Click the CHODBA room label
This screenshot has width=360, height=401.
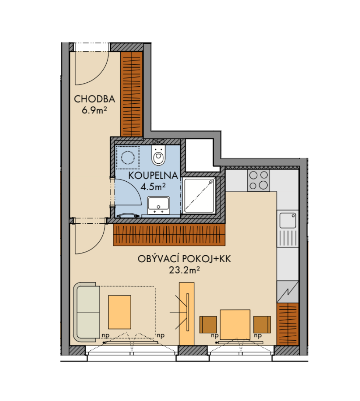coord(94,99)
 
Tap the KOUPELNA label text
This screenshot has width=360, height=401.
coord(153,176)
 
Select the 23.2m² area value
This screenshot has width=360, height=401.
coord(184,270)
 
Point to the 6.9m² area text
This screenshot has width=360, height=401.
coord(94,110)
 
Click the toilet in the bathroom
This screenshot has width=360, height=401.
coord(158,155)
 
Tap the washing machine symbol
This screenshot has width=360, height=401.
coord(128,157)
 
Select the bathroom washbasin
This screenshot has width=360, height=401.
coord(158,205)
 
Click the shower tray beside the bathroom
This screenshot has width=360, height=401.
coord(200,195)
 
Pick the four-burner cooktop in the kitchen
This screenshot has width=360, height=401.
coord(258,180)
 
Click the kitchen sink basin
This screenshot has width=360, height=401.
coord(288,220)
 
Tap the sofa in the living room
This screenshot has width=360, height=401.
coord(86,312)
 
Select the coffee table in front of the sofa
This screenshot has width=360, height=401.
coord(120,312)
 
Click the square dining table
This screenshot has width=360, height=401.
coord(235,324)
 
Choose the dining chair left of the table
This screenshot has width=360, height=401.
coord(208,324)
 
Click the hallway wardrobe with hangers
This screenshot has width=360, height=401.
coord(132,94)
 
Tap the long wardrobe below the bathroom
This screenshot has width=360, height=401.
coord(169,235)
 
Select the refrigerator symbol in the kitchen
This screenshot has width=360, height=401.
coord(288,292)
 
